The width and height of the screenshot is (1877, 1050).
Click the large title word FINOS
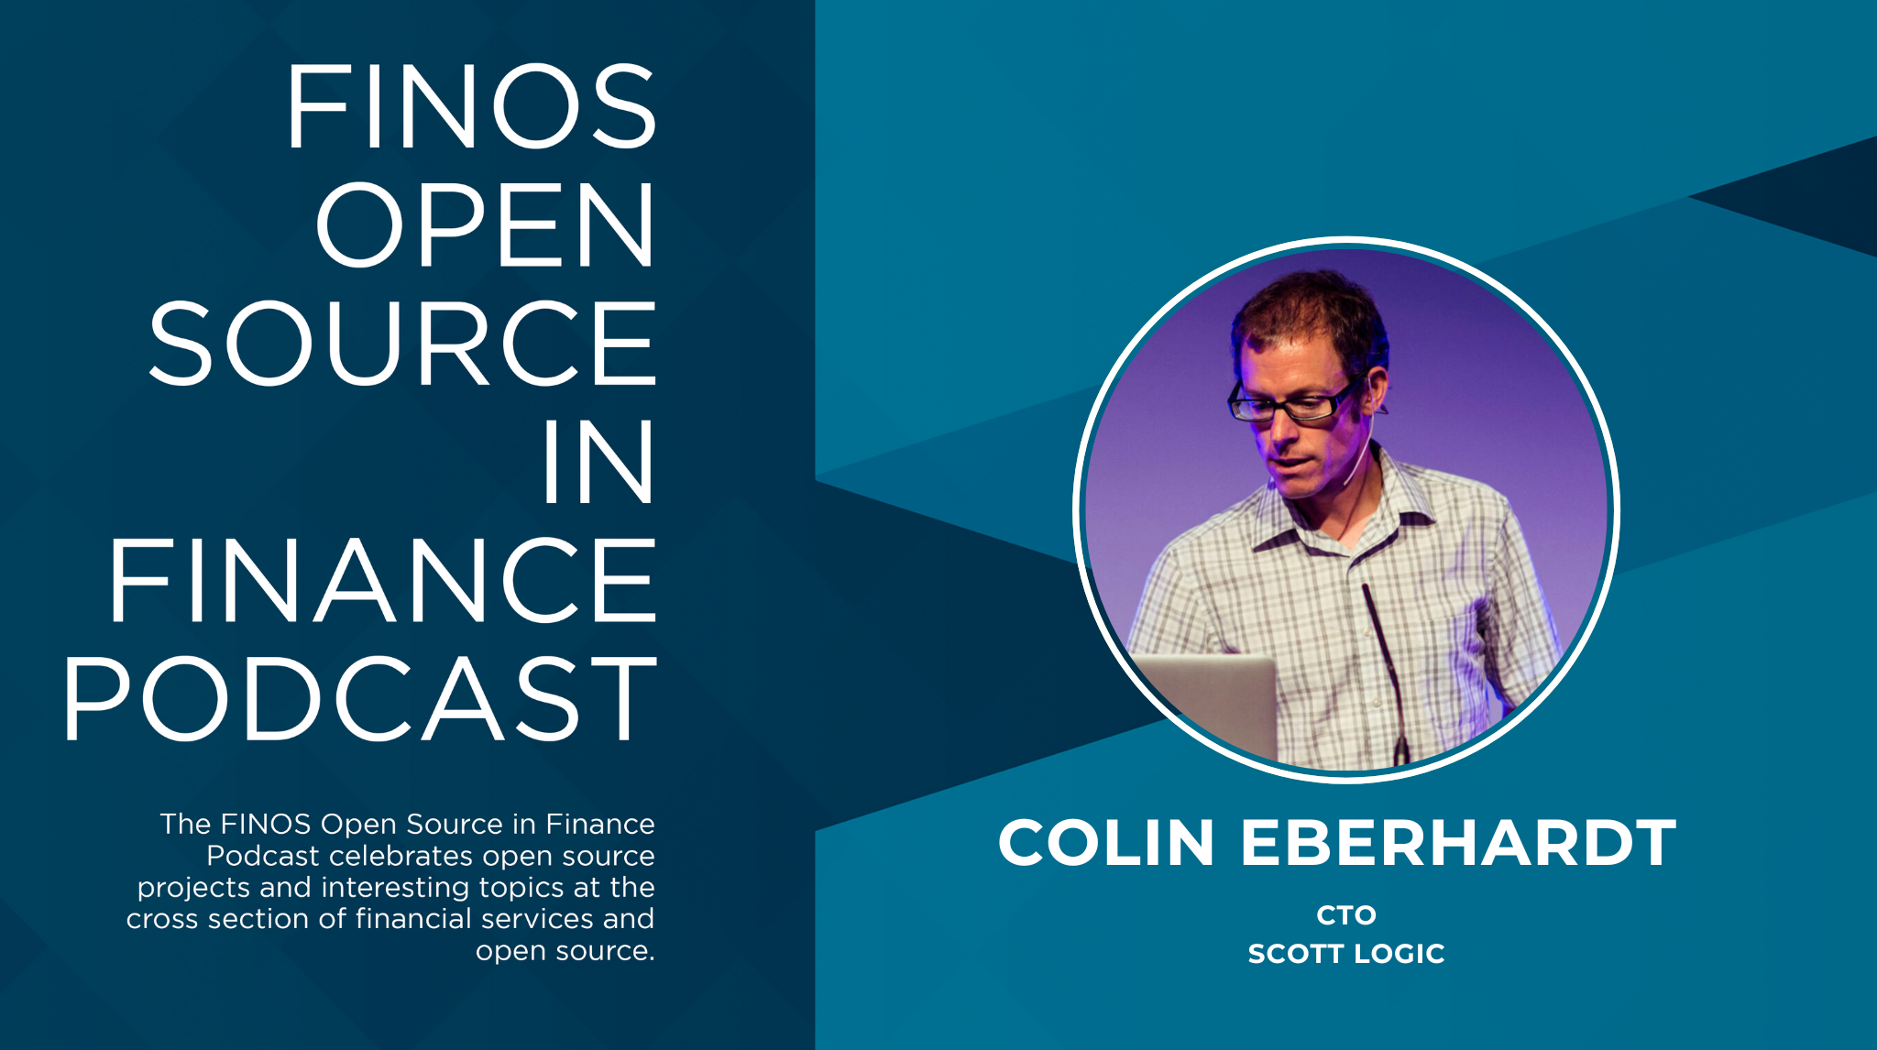(471, 106)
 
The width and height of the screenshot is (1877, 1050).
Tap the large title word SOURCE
(403, 344)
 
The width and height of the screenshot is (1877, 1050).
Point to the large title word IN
(598, 463)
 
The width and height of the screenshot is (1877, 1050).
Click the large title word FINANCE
(383, 581)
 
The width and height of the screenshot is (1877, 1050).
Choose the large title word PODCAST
(359, 699)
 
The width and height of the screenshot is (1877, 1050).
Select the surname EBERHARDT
(1458, 843)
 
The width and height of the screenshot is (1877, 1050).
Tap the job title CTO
(1346, 915)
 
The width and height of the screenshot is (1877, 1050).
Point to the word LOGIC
(1400, 954)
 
